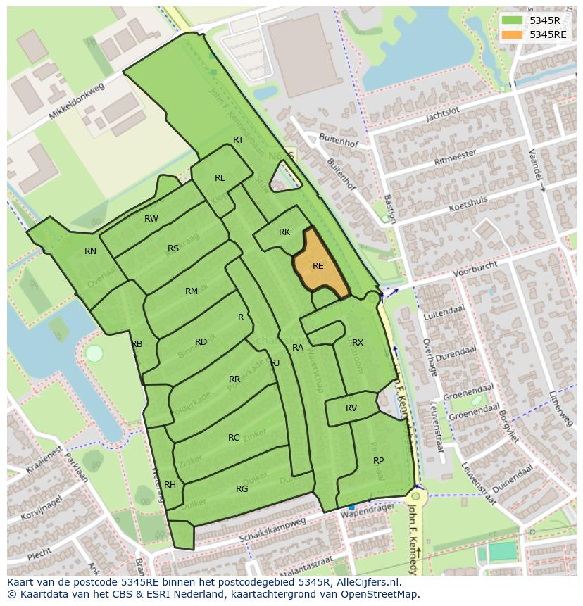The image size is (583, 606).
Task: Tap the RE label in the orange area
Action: (318, 266)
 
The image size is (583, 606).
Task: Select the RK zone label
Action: (284, 232)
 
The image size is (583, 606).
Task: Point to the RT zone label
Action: (238, 140)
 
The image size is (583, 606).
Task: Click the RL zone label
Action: (220, 178)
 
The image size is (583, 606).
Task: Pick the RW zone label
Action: (151, 219)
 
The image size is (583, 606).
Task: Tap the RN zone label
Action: (90, 251)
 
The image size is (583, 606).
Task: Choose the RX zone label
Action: (358, 343)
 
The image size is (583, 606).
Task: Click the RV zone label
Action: (351, 408)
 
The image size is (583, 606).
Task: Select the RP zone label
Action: (378, 460)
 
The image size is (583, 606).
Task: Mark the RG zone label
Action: (242, 489)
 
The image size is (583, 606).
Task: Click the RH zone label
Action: (170, 485)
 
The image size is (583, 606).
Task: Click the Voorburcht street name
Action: (475, 268)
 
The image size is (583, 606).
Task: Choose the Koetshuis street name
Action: (468, 205)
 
